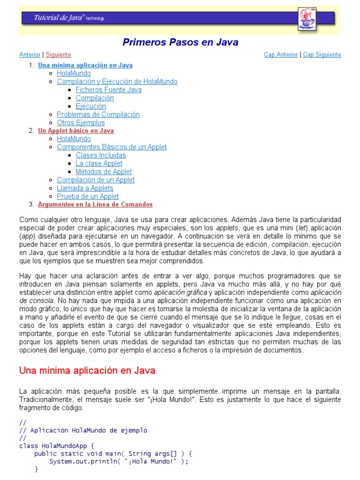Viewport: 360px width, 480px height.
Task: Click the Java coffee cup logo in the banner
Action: click(x=307, y=19)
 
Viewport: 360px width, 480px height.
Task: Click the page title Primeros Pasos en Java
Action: click(x=180, y=42)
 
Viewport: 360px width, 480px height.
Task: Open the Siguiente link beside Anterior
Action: click(x=58, y=55)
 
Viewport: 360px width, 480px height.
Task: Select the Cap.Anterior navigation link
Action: click(x=281, y=55)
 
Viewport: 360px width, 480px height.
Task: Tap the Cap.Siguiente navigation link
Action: click(x=322, y=55)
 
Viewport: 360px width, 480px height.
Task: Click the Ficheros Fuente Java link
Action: click(x=108, y=90)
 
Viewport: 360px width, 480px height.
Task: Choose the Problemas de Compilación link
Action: click(x=98, y=114)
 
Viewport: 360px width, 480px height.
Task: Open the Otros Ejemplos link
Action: click(x=81, y=123)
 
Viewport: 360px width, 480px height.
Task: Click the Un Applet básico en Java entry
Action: click(x=76, y=131)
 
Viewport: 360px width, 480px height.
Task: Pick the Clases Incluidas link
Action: click(x=101, y=155)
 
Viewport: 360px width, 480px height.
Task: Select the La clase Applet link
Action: click(x=99, y=164)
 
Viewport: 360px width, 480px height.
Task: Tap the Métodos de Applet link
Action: click(x=104, y=172)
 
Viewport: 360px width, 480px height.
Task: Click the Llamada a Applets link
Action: click(x=85, y=188)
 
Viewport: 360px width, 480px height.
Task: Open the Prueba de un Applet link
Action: click(x=88, y=196)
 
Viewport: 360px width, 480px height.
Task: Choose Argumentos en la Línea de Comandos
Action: click(x=95, y=204)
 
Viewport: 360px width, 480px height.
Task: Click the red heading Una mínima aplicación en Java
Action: click(x=87, y=370)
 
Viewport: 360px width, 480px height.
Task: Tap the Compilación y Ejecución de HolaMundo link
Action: click(x=117, y=82)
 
